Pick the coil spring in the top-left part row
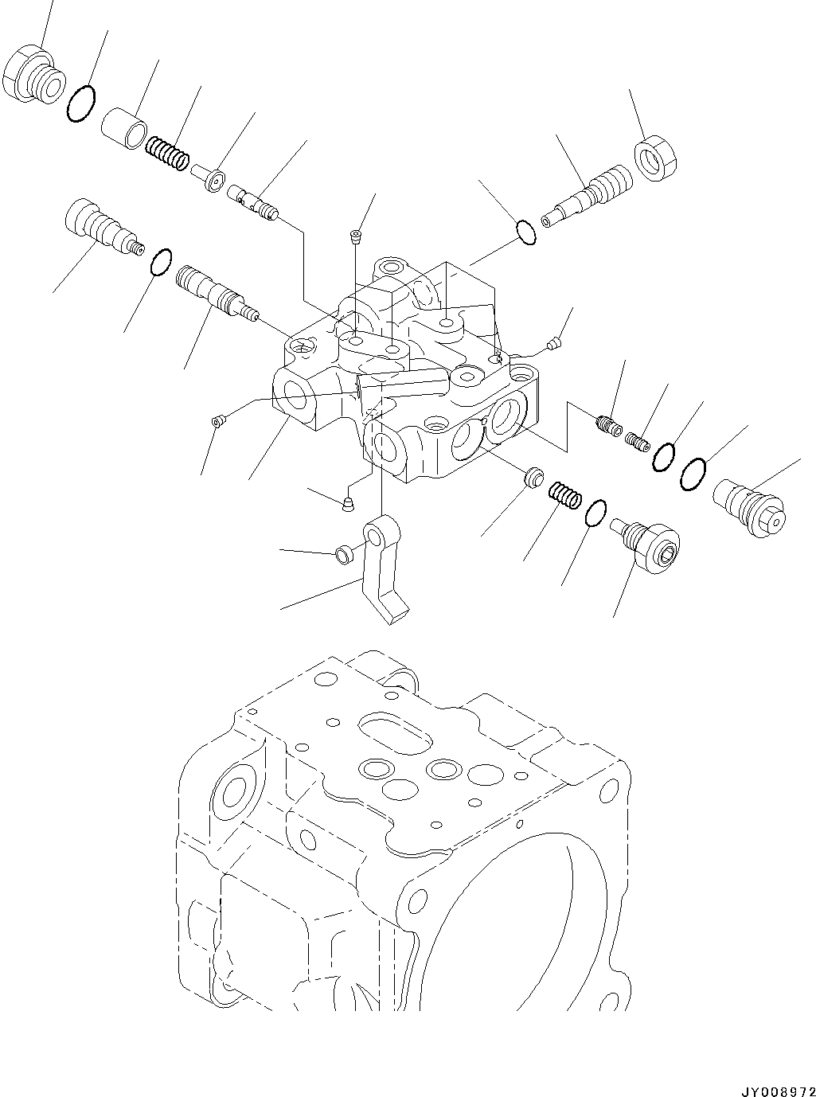(x=168, y=153)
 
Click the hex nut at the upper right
(x=656, y=159)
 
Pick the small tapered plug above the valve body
(x=356, y=235)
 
